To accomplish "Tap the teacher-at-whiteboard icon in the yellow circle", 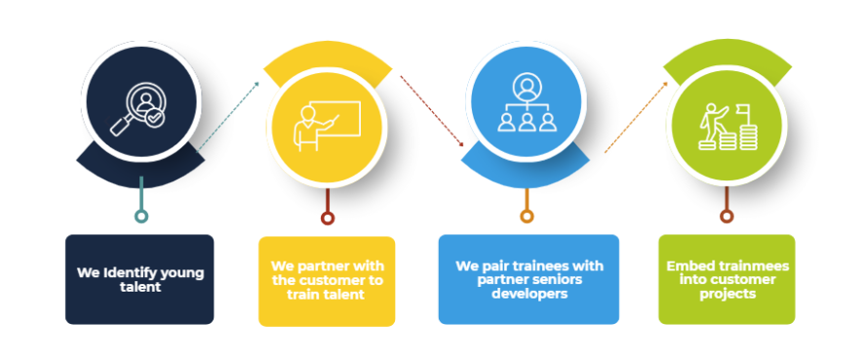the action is coord(328,126).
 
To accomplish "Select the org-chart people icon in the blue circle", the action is coord(527,103).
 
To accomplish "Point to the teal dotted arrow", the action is coord(228,116).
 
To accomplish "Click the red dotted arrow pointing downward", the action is coord(432,111).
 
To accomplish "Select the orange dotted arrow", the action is coord(637,117).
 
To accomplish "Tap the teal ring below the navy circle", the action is coord(141,217).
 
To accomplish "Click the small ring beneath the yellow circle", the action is coord(328,219).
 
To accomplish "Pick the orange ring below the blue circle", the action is coord(527,217).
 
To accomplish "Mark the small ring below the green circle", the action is coord(727,217).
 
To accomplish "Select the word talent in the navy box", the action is coord(140,287).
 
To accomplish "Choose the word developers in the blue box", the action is coord(530,294).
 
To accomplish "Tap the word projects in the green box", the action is coord(727,295).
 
